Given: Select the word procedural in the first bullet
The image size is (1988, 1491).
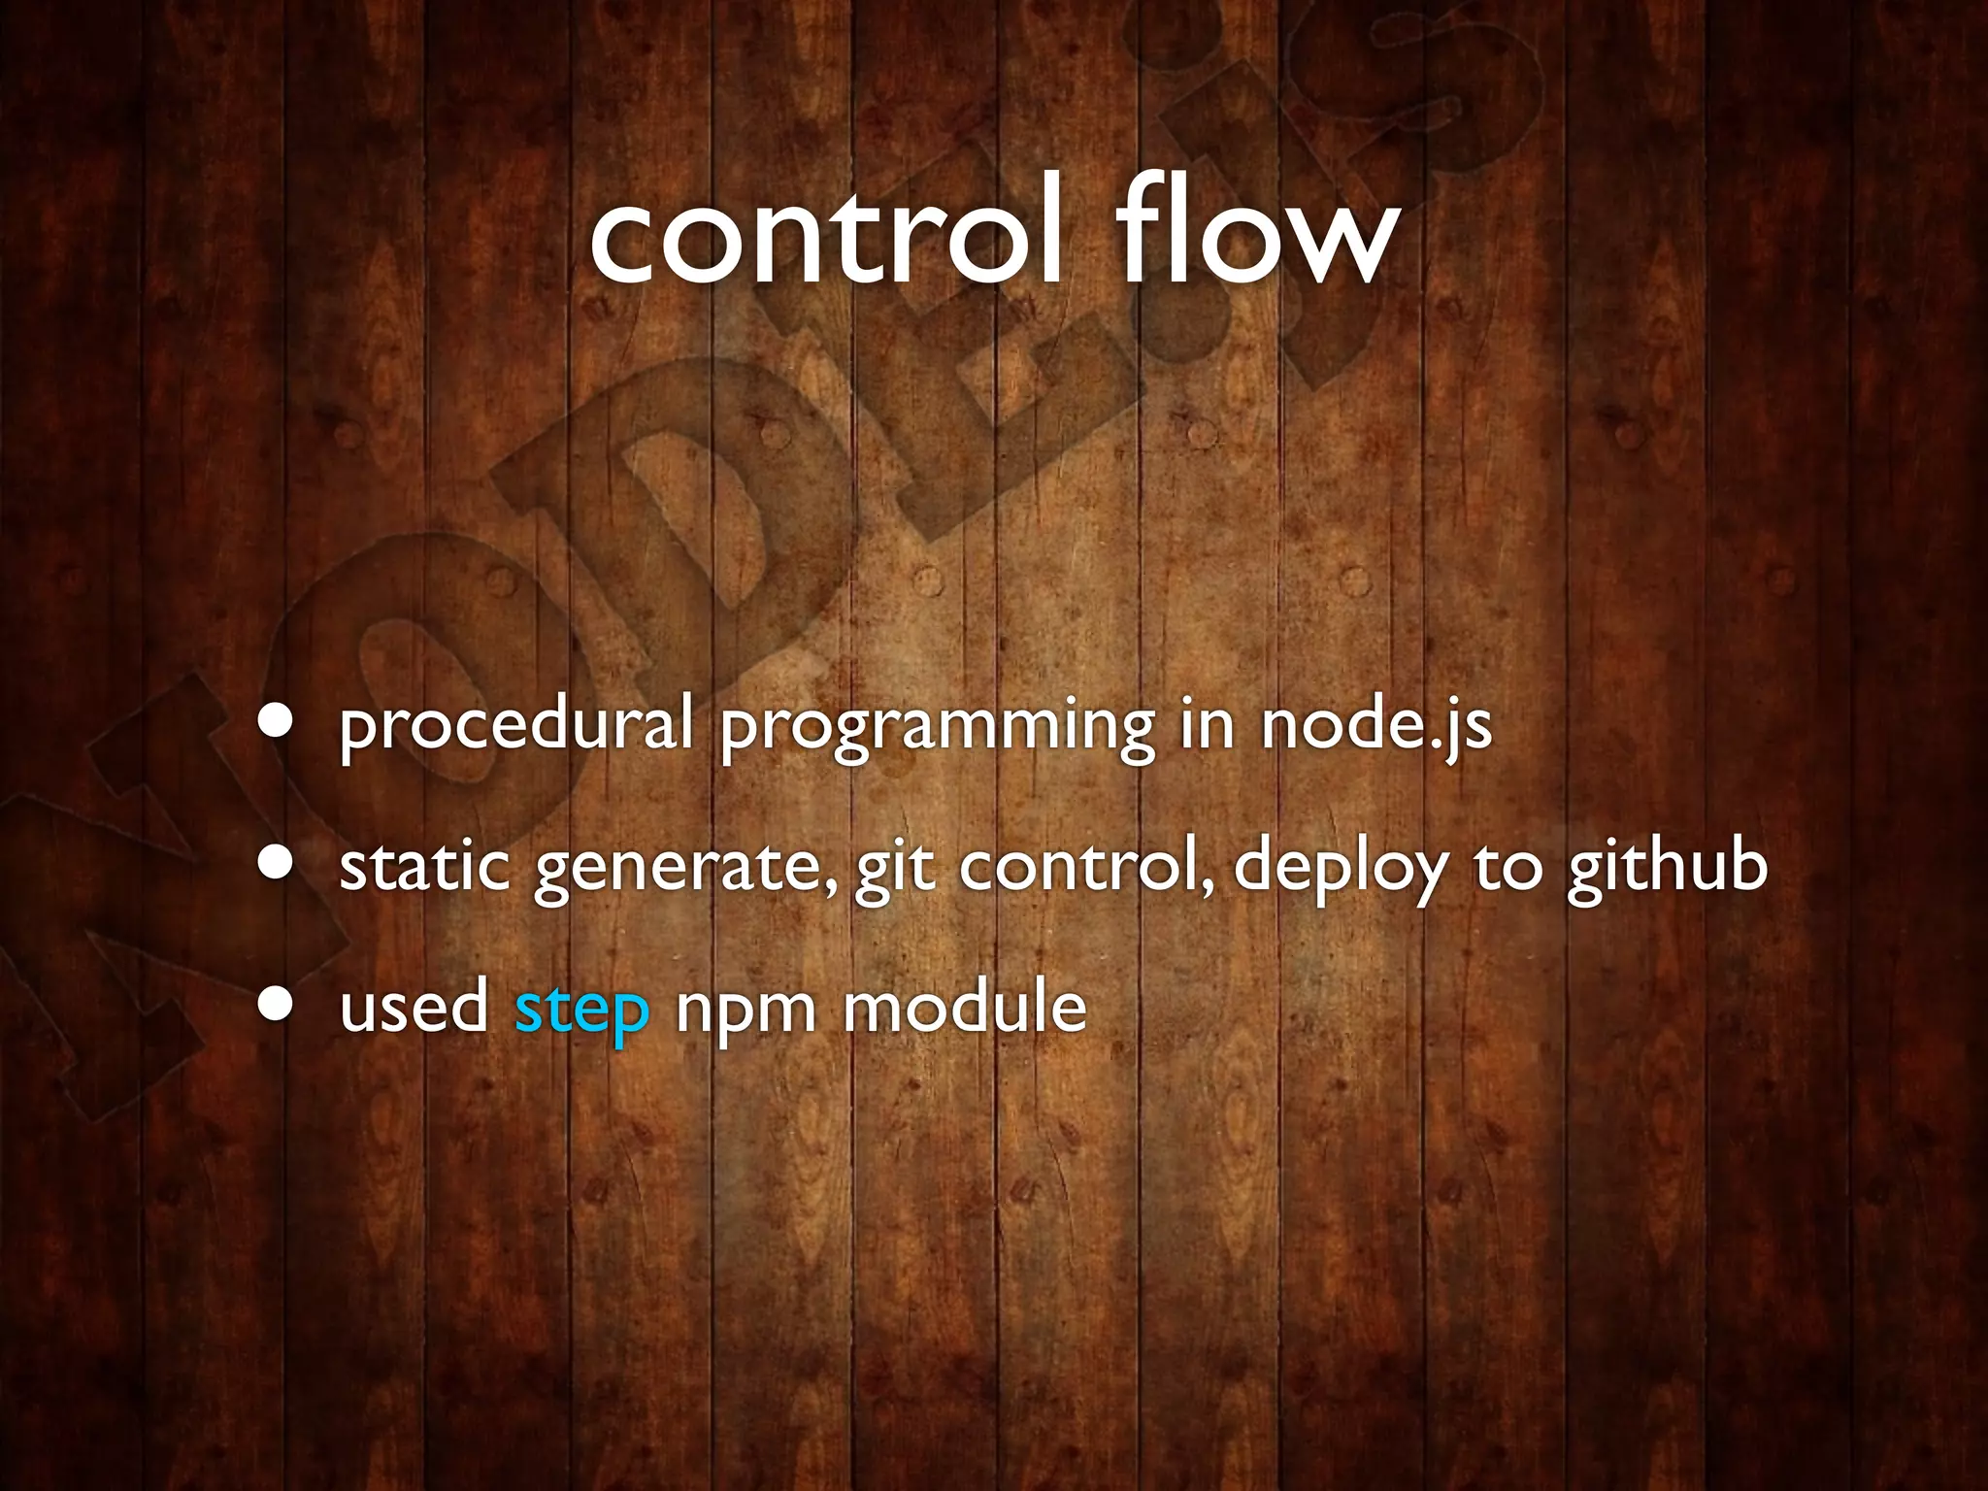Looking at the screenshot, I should click(515, 726).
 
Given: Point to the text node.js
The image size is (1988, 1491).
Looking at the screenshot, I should click(1375, 726).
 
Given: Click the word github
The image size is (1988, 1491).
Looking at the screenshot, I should click(1667, 867).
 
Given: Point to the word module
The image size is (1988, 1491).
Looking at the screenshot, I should click(965, 1008).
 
